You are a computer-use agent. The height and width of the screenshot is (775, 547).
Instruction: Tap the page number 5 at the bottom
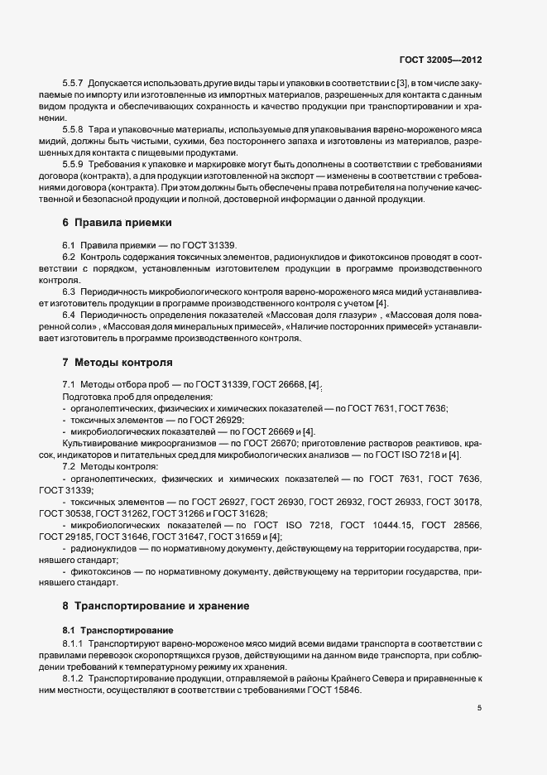pos(481,708)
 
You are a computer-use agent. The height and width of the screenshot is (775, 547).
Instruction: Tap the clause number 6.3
pos(69,291)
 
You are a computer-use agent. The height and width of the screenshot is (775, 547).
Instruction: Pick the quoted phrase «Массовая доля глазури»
pos(318,315)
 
